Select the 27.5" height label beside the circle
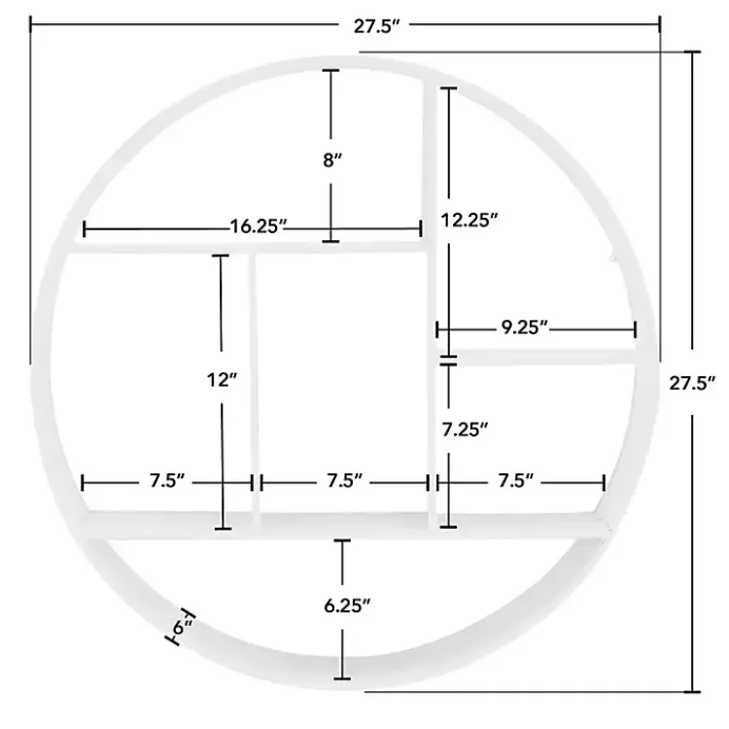click(x=692, y=382)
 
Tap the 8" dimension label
click(x=332, y=159)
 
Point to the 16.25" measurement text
click(x=259, y=227)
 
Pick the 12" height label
click(x=222, y=380)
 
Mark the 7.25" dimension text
click(x=464, y=429)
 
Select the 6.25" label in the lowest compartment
click(x=347, y=606)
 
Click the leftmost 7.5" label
click(x=168, y=481)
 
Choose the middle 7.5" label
click(x=345, y=481)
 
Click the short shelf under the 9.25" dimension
click(x=544, y=357)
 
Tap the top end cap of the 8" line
click(x=332, y=71)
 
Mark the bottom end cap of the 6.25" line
click(x=341, y=677)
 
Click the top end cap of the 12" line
click(x=221, y=256)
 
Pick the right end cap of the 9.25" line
click(x=635, y=330)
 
